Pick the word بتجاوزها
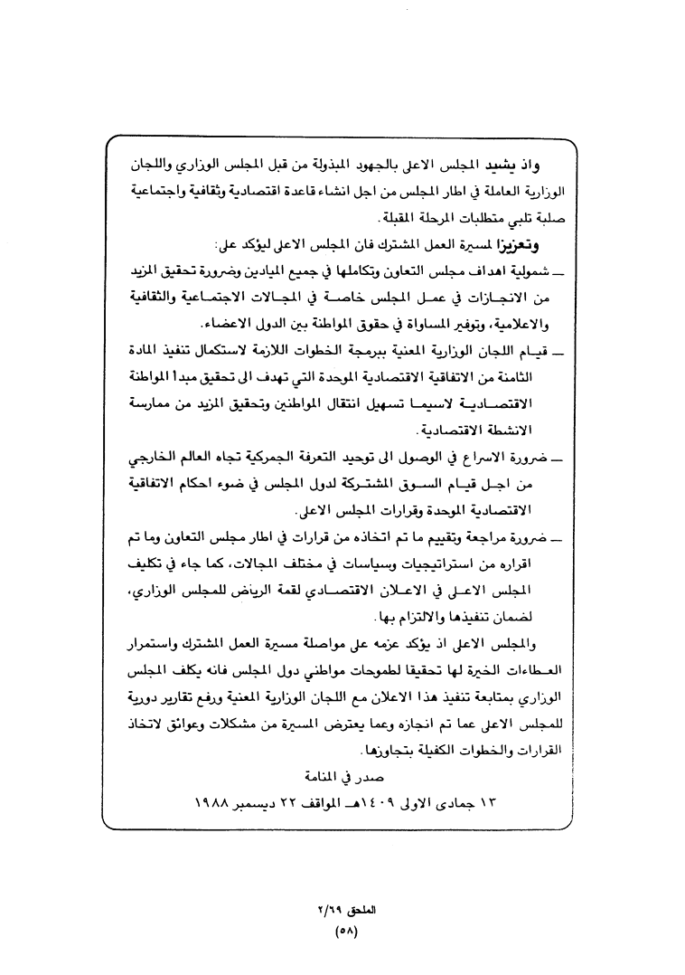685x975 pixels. [389, 750]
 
